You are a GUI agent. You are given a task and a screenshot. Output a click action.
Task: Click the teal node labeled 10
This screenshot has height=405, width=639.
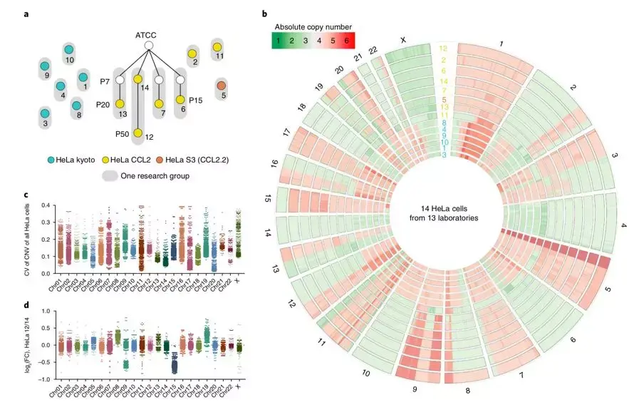68,49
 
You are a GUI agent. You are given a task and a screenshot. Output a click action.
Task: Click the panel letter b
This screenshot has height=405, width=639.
265,14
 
